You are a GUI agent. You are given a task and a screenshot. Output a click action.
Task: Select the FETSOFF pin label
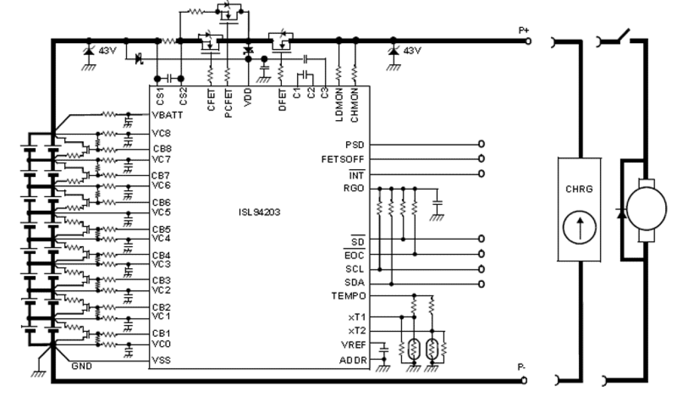pyautogui.click(x=342, y=160)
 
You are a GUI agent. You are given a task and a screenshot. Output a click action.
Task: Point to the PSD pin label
pyautogui.click(x=354, y=145)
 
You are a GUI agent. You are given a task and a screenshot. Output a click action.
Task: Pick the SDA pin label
pyautogui.click(x=355, y=283)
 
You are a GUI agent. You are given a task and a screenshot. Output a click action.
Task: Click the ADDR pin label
pyautogui.click(x=354, y=360)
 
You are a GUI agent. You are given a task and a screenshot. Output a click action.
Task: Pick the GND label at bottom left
pyautogui.click(x=82, y=366)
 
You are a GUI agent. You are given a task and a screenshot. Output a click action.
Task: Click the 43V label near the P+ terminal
pyautogui.click(x=412, y=51)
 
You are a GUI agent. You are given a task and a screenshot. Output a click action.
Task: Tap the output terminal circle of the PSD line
pyautogui.click(x=480, y=144)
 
